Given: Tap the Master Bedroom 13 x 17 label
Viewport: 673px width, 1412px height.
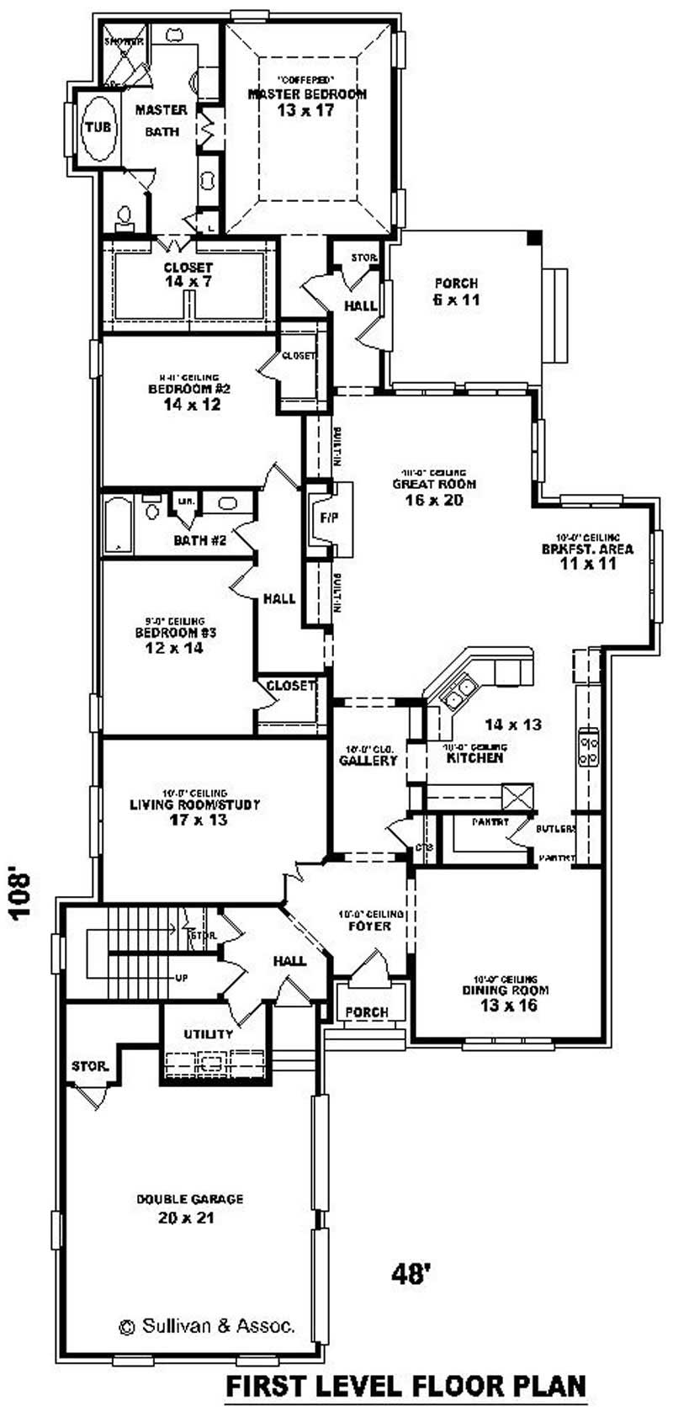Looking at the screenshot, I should (x=306, y=102).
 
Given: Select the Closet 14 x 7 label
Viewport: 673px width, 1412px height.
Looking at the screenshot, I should (x=188, y=274).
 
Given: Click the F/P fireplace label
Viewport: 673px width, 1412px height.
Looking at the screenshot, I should (x=327, y=517).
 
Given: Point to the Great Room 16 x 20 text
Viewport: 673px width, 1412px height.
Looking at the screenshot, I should (x=434, y=491).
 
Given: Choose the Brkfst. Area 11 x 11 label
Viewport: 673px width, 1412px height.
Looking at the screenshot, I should (x=588, y=555).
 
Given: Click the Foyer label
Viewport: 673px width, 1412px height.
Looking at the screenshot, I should (x=370, y=926).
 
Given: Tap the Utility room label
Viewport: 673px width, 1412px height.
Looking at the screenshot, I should (x=208, y=1033).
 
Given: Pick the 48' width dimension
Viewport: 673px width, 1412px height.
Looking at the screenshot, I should (x=411, y=1273).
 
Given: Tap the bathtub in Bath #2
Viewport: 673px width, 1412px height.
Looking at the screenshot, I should (x=118, y=525).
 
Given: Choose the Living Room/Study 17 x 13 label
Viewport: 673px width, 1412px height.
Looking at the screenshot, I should (x=194, y=811).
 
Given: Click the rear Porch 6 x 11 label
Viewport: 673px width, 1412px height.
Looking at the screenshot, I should (x=457, y=291).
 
